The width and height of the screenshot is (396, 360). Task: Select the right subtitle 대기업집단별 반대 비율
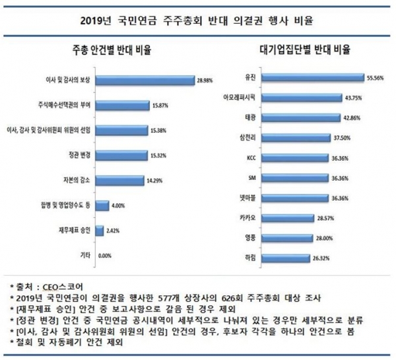pos(305,49)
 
